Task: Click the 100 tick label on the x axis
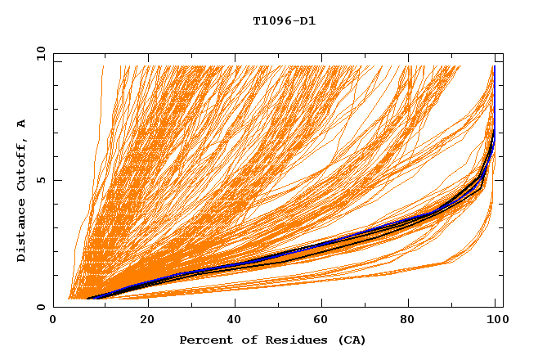496,320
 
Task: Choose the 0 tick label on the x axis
53,320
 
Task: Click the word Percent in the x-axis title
204,340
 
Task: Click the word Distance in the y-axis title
21,231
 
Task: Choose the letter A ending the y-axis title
21,124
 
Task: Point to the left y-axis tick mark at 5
56,180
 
